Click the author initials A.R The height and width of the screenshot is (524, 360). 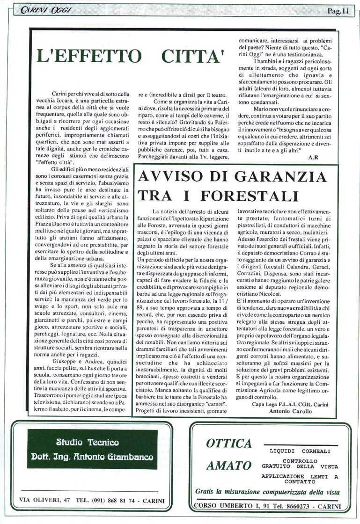[313, 157]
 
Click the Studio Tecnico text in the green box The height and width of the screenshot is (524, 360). [88, 442]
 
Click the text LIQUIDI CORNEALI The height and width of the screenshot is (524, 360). [300, 451]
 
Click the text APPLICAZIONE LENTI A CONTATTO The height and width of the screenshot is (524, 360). [300, 478]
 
